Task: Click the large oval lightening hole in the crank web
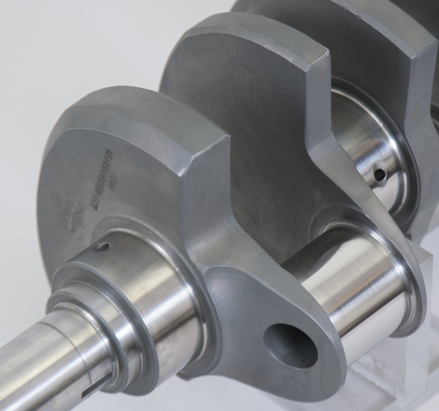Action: (290, 345)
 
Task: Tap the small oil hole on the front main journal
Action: (102, 247)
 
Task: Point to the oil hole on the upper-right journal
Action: (379, 174)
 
